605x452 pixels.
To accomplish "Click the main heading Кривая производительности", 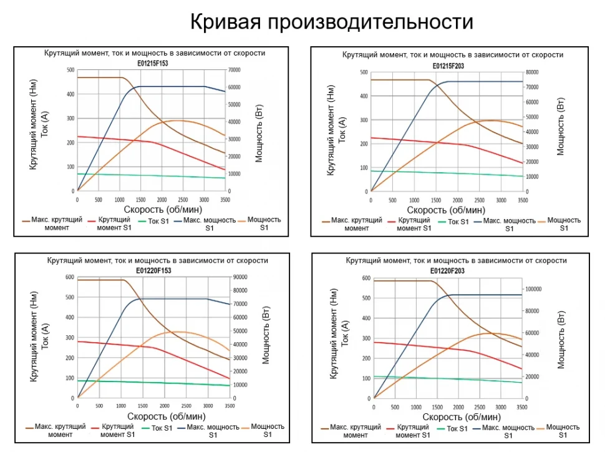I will (331, 22).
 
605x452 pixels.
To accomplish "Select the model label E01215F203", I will (448, 66).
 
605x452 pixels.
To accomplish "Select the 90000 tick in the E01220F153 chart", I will (240, 277).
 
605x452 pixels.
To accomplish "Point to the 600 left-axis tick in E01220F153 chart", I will (69, 277).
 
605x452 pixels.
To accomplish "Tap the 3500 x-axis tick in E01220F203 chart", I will (521, 407).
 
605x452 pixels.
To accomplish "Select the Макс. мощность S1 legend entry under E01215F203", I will (509, 224).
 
